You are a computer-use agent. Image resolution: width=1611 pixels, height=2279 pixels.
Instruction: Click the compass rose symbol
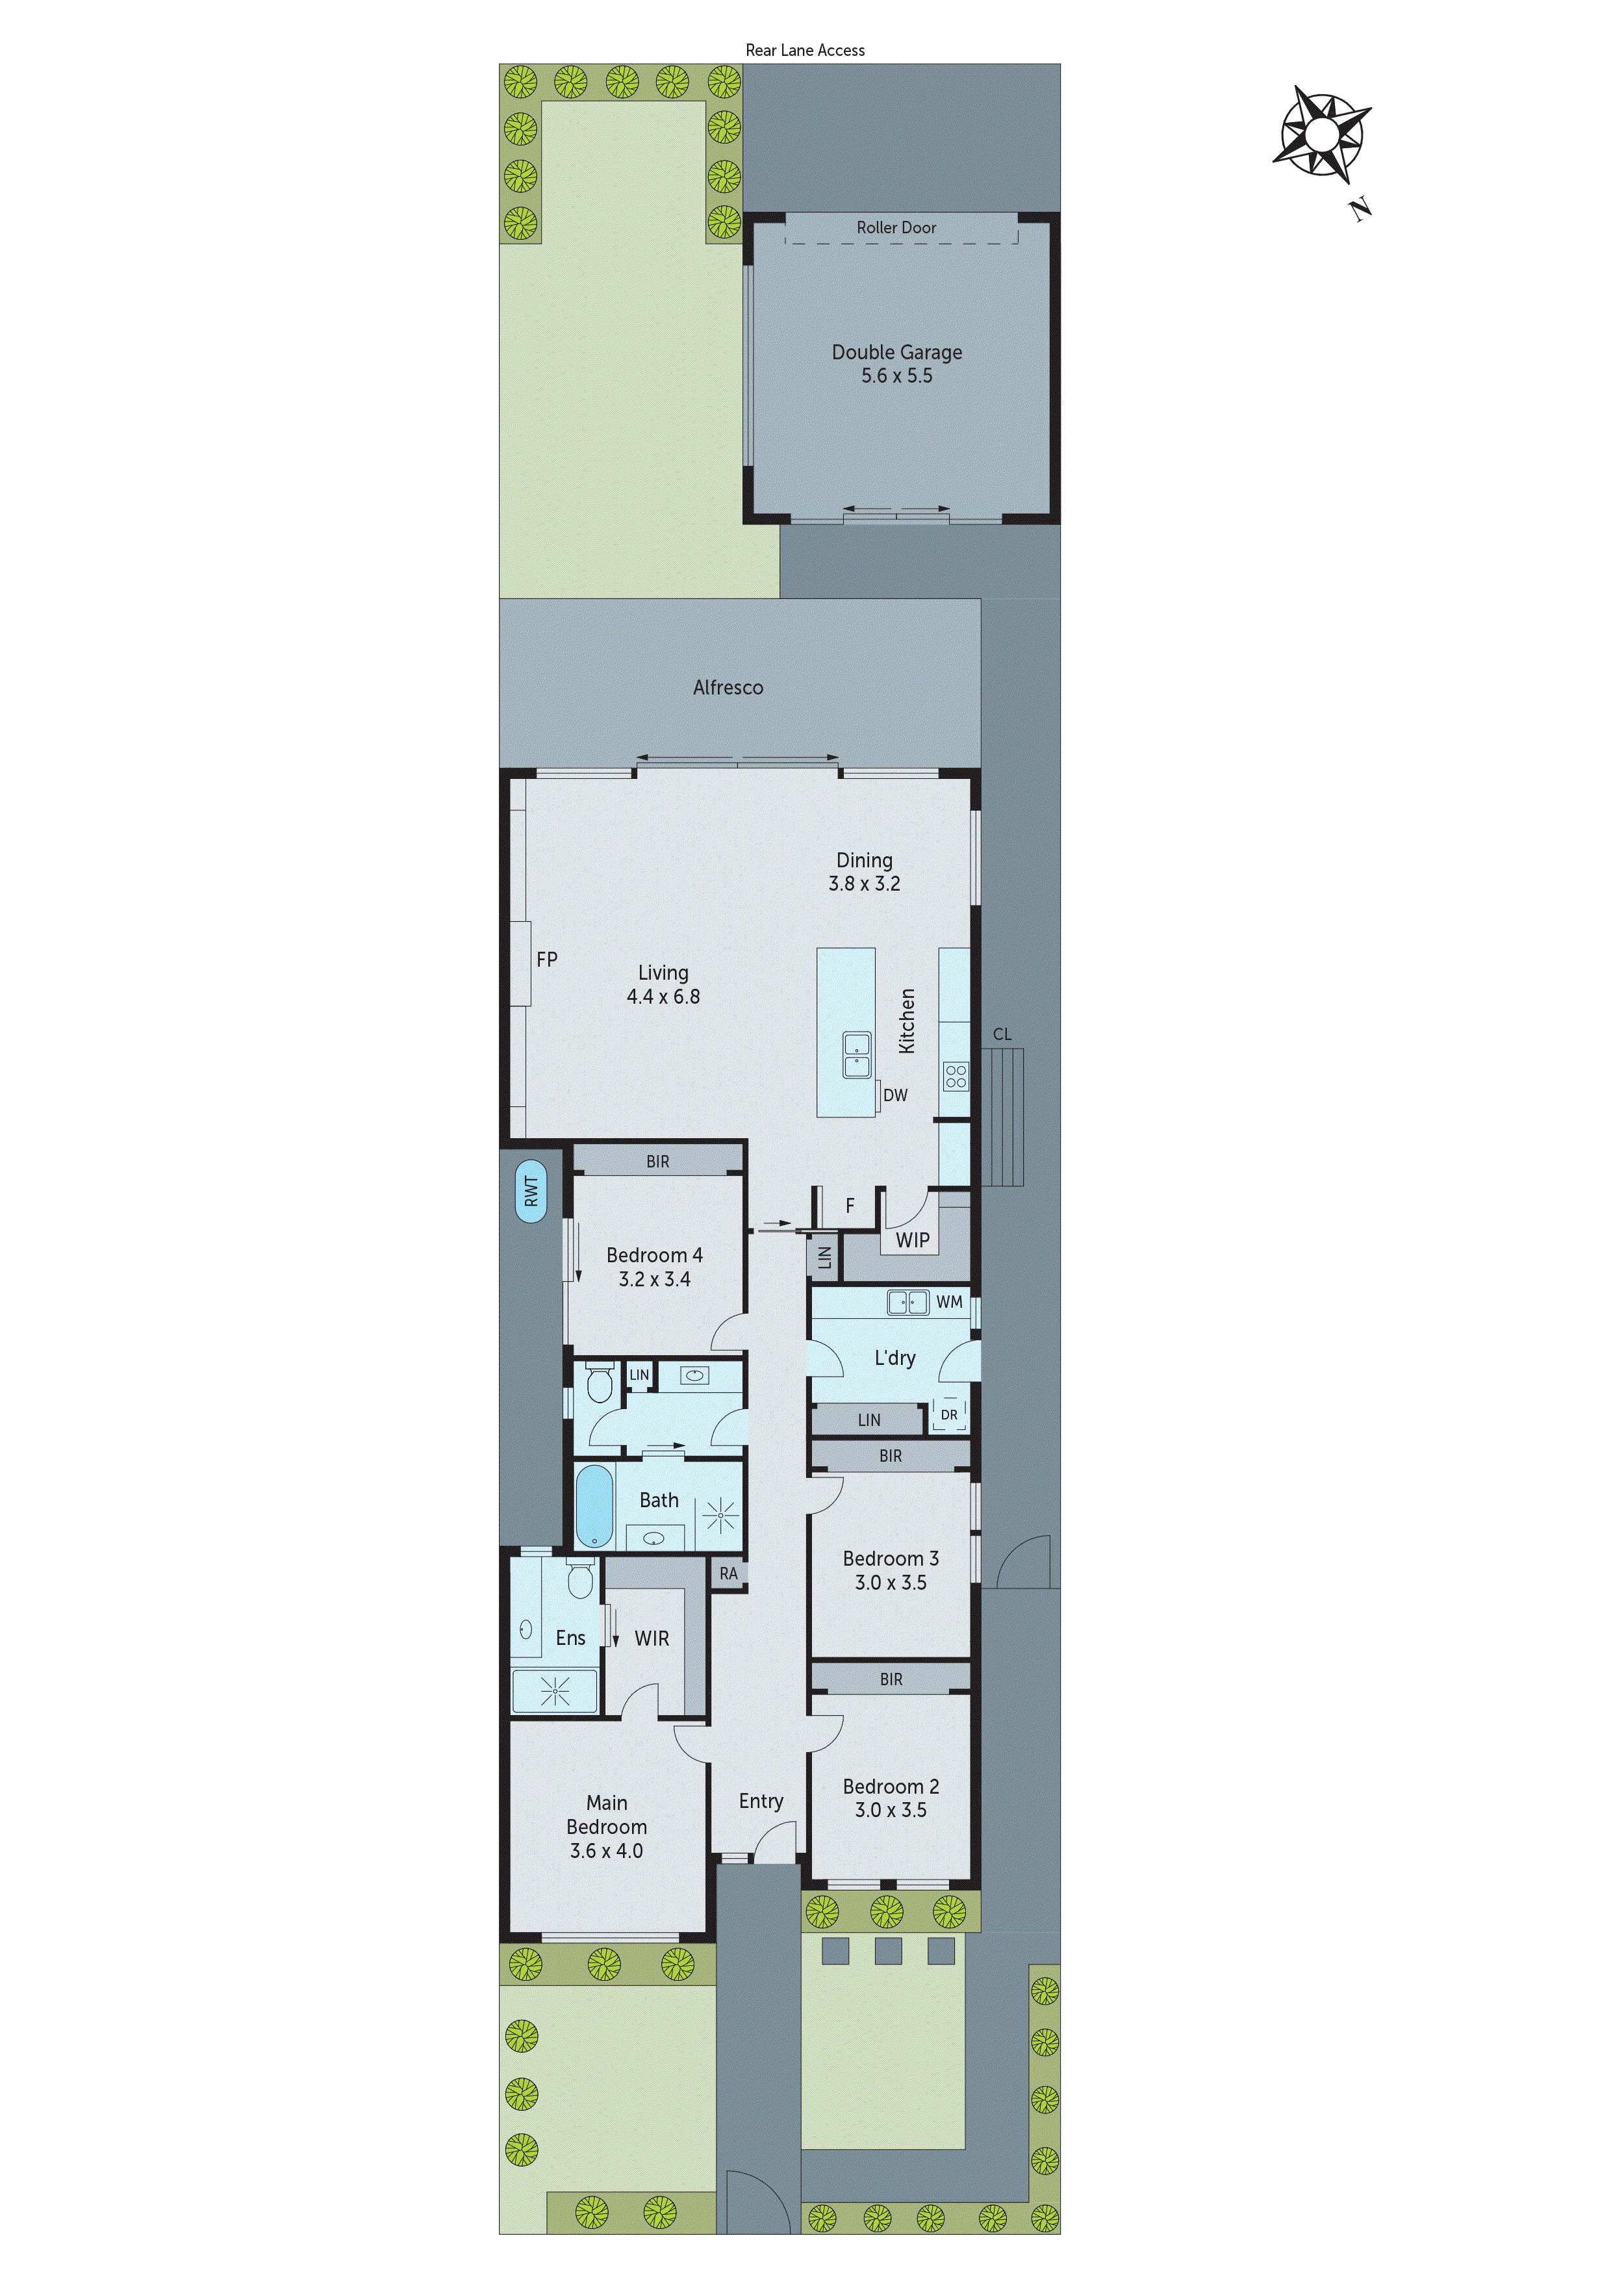tap(1322, 136)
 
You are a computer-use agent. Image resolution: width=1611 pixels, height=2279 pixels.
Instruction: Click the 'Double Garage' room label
tap(896, 352)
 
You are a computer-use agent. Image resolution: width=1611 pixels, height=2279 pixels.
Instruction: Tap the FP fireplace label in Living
tap(547, 959)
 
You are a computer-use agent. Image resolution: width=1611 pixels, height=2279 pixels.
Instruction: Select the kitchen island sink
tap(857, 1055)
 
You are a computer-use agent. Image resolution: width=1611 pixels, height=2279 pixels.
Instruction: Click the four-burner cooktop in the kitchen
tap(956, 1076)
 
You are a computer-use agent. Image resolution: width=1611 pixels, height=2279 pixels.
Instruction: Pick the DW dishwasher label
tap(895, 1095)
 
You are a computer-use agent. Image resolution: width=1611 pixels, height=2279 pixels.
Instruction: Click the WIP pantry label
tap(912, 1240)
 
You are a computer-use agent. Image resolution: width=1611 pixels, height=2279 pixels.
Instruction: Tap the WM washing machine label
tap(949, 1301)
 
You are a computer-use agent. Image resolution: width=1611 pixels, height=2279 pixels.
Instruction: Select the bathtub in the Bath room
tap(594, 1505)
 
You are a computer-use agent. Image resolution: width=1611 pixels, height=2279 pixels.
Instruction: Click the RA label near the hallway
tap(729, 1573)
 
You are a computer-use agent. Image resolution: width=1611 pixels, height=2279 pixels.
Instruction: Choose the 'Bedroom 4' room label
tap(654, 1256)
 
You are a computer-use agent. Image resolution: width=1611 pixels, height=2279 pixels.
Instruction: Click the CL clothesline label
tap(1002, 1034)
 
